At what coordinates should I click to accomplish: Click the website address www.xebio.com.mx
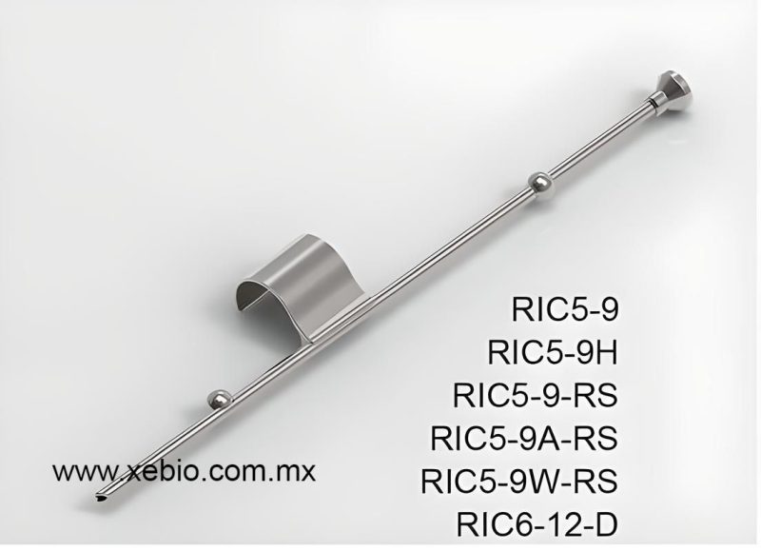(185, 470)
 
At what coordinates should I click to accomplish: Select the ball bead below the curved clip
(219, 397)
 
